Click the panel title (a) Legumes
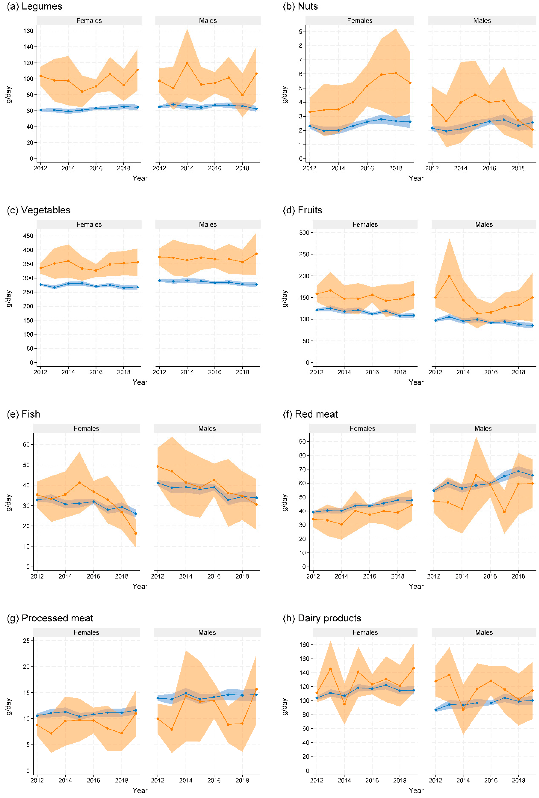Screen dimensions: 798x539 [x=34, y=7]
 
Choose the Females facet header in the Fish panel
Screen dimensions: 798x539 [x=86, y=428]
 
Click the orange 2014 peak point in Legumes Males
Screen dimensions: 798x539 [x=187, y=63]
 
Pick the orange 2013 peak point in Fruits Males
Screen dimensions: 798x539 [x=449, y=276]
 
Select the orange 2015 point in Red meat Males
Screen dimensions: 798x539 [x=476, y=475]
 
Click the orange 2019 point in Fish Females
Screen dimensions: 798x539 [x=136, y=534]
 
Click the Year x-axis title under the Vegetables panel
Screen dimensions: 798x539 [x=140, y=382]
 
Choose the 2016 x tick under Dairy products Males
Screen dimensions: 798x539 [x=491, y=780]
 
